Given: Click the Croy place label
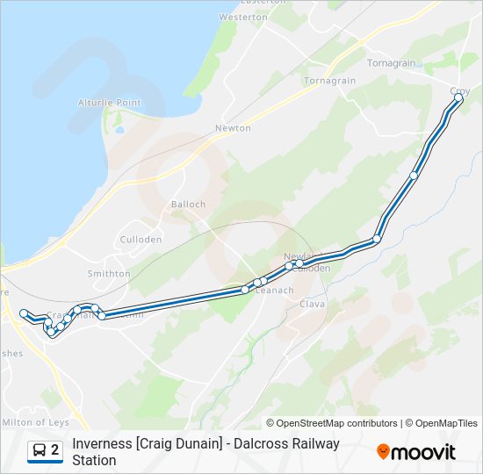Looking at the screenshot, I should coord(459,90).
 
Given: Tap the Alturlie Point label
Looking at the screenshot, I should coord(110,103).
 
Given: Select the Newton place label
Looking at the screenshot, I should coord(233,128).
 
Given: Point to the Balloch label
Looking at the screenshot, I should coord(188,205).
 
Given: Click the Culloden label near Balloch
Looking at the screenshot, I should coord(141,240).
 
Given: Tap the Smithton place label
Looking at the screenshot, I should coord(109,274).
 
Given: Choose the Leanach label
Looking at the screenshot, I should coord(274,291).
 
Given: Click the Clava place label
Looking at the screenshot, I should coord(313,304).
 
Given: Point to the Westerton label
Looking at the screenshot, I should coord(243,17).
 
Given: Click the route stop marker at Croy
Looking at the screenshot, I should coord(458,98).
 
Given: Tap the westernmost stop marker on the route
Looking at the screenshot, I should coord(24,312).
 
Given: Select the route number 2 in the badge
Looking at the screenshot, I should coord(55,450).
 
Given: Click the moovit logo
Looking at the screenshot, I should coord(416,452).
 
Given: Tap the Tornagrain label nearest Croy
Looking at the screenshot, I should coord(392,63).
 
